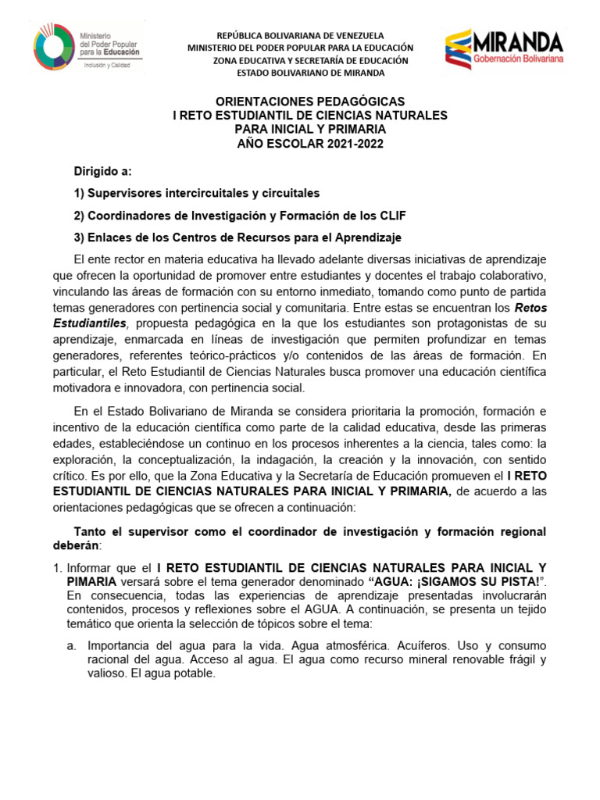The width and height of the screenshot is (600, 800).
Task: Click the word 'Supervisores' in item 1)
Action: tap(126, 193)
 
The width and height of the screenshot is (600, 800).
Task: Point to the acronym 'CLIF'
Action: tap(390, 215)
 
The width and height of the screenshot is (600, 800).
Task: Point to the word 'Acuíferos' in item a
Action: tap(408, 645)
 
